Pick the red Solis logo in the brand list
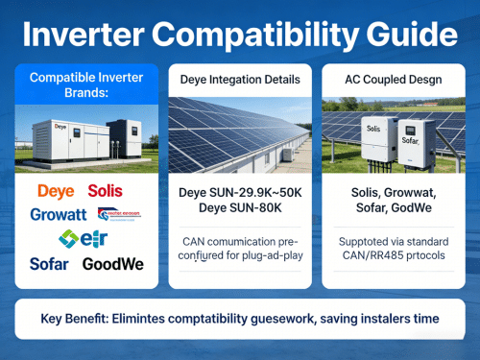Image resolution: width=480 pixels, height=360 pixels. (x=105, y=191)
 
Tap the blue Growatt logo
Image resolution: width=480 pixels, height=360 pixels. (x=58, y=214)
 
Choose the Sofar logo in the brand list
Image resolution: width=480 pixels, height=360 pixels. (x=48, y=262)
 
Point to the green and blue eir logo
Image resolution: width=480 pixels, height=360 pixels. (x=79, y=238)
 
